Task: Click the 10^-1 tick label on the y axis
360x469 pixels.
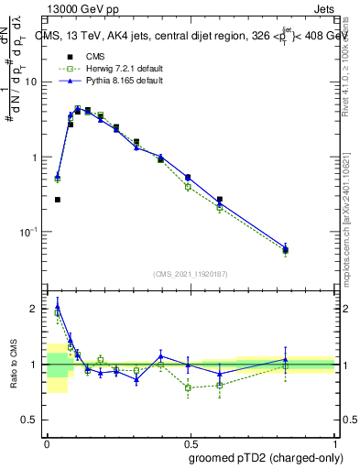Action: click(x=31, y=232)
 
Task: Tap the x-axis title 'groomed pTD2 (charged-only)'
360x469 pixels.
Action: click(x=265, y=457)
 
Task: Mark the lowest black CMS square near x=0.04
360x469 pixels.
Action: click(x=58, y=199)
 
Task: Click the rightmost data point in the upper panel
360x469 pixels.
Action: click(x=286, y=249)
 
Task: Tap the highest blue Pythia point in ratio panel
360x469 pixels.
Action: click(x=58, y=306)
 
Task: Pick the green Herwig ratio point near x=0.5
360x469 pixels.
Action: click(x=188, y=387)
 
